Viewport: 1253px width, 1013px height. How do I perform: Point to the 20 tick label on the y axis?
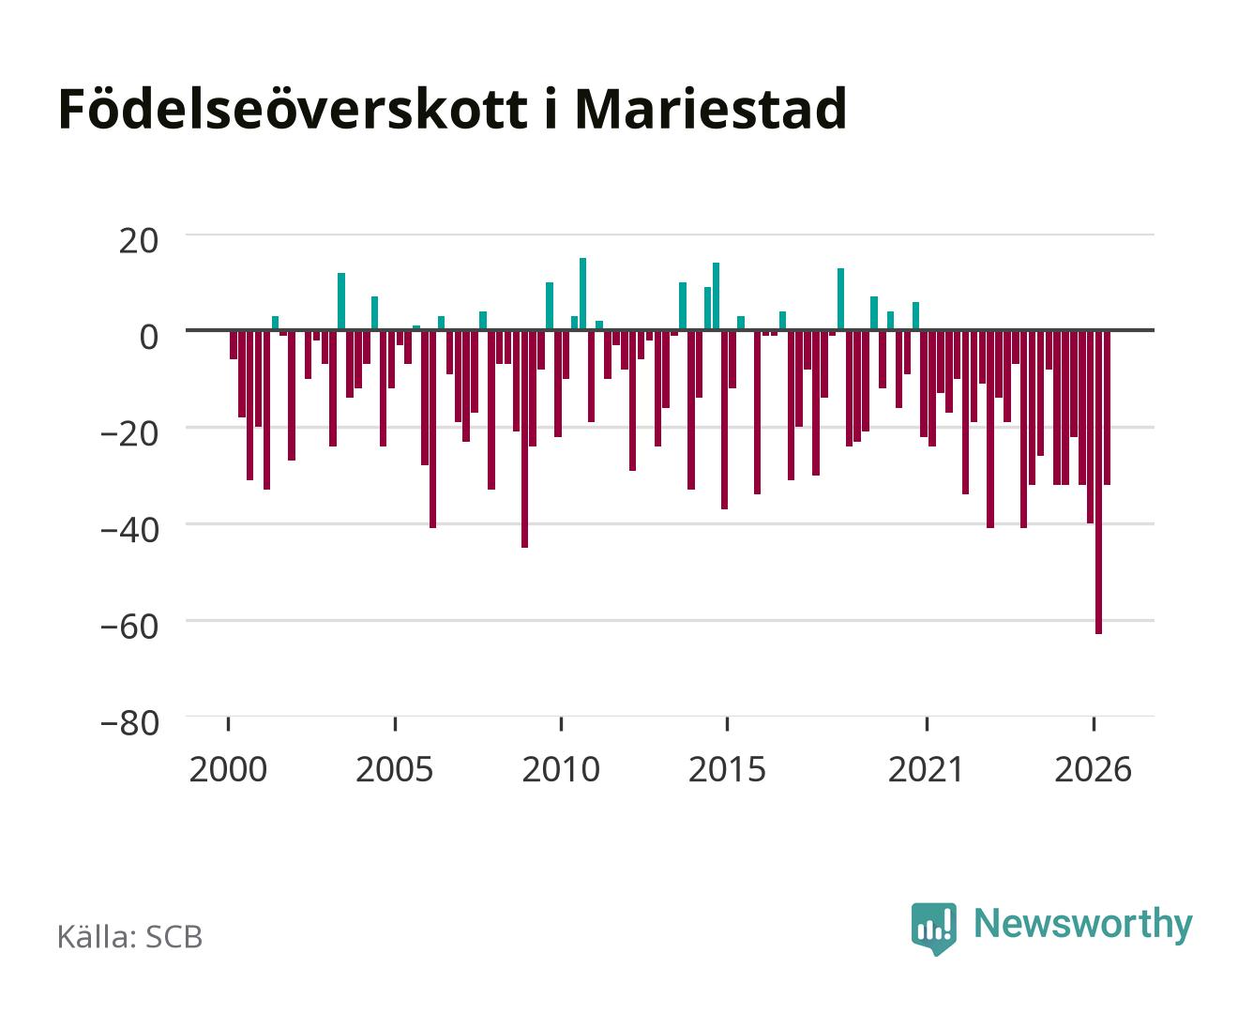138,241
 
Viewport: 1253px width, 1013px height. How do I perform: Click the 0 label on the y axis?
149,337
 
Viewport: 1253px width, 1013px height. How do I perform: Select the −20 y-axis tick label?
129,434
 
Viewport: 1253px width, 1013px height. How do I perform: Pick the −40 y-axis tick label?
129,531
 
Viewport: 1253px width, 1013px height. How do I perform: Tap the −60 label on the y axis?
129,627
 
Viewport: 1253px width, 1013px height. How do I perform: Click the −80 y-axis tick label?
129,723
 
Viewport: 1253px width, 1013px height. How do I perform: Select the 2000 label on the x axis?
228,769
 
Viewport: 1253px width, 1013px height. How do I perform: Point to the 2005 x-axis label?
394,769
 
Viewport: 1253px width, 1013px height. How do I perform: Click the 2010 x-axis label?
561,769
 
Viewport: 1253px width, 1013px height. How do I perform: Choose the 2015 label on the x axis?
727,769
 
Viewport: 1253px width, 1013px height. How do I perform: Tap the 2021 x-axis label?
926,769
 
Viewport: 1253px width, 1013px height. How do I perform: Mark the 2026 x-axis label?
1093,769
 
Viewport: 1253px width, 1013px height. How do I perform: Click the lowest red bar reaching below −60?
1097,482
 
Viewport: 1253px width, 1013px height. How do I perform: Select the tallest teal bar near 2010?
582,295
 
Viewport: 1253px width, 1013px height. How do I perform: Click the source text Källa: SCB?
130,936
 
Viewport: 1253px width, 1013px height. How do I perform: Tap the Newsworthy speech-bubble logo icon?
933,928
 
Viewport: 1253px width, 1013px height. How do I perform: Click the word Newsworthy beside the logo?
1083,925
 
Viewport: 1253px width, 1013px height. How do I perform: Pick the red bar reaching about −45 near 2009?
524,439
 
